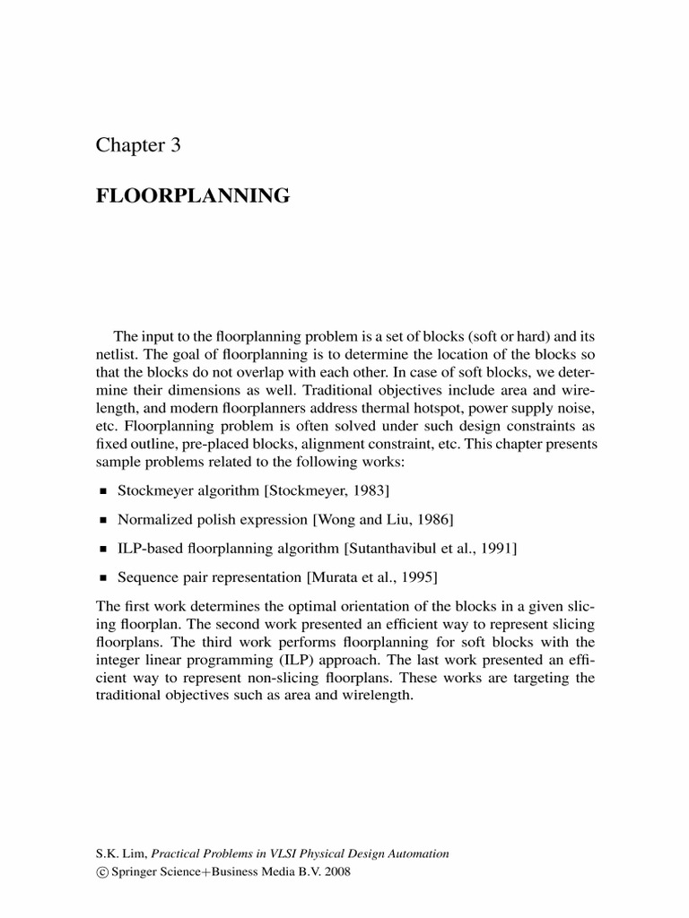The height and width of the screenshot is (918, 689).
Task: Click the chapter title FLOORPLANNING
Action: (x=193, y=195)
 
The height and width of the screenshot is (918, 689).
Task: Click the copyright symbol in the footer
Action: (x=100, y=871)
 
